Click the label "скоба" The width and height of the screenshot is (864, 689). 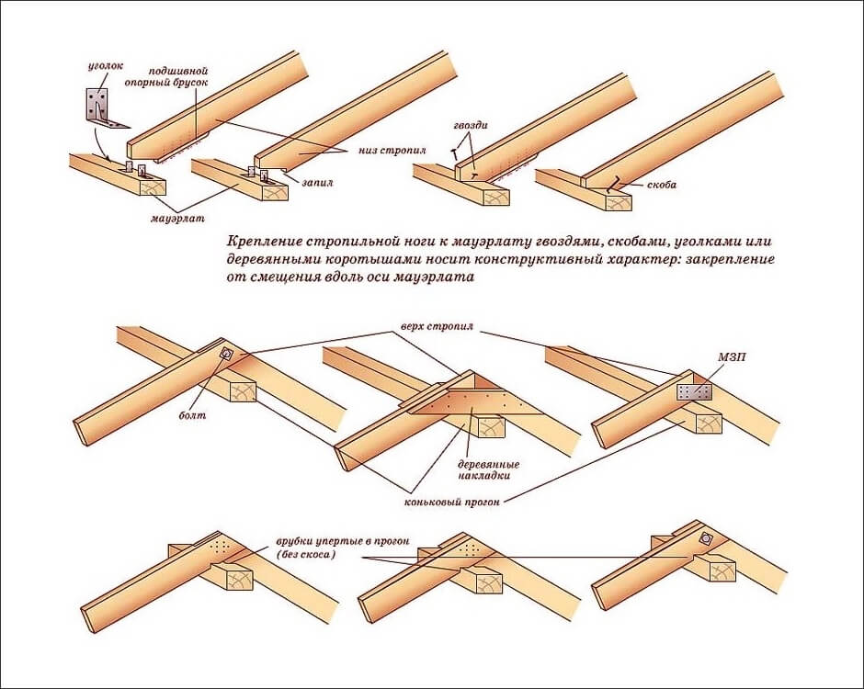pos(661,185)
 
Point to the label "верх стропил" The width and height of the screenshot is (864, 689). pos(428,327)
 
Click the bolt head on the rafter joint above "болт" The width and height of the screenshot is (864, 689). pos(227,355)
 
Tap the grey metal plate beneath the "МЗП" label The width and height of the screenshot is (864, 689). pos(694,391)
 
